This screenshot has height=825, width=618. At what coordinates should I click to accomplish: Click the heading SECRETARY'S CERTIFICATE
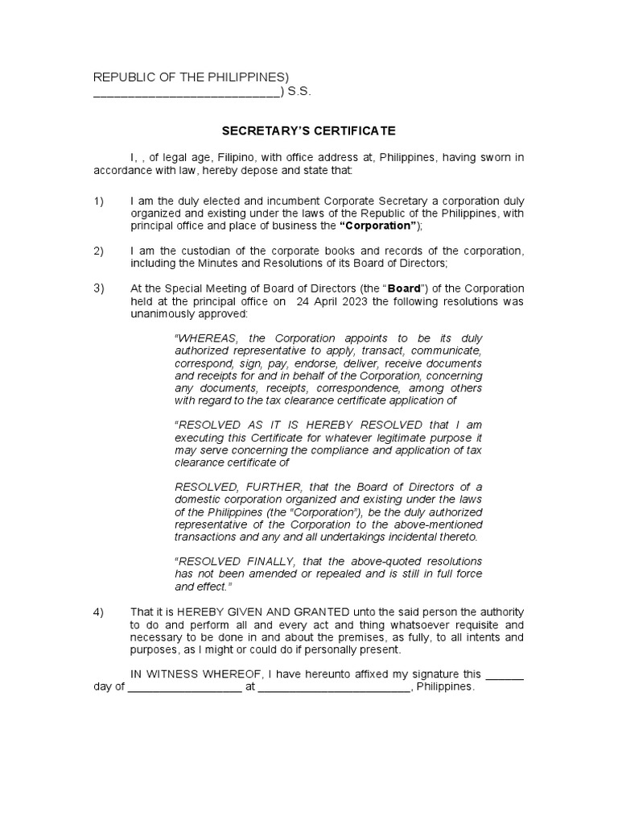point(309,131)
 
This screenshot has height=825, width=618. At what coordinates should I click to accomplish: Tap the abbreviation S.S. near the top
point(299,92)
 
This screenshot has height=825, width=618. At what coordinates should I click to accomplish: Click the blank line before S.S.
point(187,93)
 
